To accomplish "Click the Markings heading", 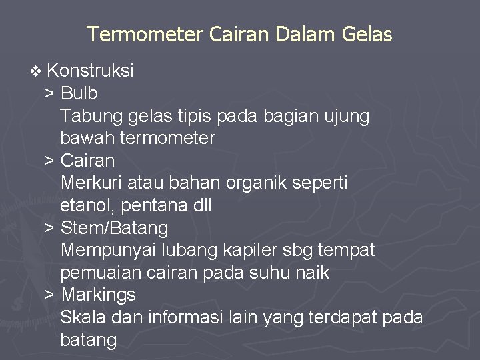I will point(99,295).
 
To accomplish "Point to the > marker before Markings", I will point(49,295).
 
